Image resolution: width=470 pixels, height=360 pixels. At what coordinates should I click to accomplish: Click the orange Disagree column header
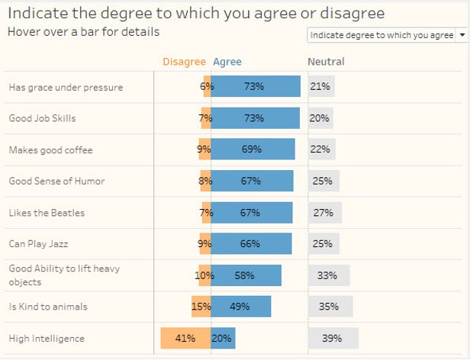184,62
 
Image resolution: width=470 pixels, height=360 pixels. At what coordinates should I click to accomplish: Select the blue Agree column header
227,62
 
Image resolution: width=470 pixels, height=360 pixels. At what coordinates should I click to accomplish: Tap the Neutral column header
326,62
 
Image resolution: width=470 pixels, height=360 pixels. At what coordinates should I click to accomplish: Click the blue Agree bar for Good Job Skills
255,118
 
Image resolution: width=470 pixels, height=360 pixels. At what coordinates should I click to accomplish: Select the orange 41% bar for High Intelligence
185,338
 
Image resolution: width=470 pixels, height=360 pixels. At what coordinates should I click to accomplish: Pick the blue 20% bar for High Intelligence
223,338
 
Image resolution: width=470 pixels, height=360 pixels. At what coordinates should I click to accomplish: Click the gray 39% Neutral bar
333,338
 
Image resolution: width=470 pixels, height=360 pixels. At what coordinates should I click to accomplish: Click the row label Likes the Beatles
47,213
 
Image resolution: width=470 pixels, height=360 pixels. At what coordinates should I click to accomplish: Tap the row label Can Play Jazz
39,244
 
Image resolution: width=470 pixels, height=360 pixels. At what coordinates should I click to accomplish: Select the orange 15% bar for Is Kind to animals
201,307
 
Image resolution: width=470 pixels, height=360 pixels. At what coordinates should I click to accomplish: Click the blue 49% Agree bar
240,307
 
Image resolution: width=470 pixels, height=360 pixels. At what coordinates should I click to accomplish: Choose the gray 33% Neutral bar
329,275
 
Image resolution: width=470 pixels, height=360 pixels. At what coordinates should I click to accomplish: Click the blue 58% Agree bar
246,275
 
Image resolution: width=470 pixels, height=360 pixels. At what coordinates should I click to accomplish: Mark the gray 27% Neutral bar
324,213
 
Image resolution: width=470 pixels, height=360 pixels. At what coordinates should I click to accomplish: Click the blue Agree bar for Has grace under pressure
255,87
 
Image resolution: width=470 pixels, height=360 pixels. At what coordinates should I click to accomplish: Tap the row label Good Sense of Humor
56,182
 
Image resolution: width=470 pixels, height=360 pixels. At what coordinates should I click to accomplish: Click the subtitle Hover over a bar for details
83,32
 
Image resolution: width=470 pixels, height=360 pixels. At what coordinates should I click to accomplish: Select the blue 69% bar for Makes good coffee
253,149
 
